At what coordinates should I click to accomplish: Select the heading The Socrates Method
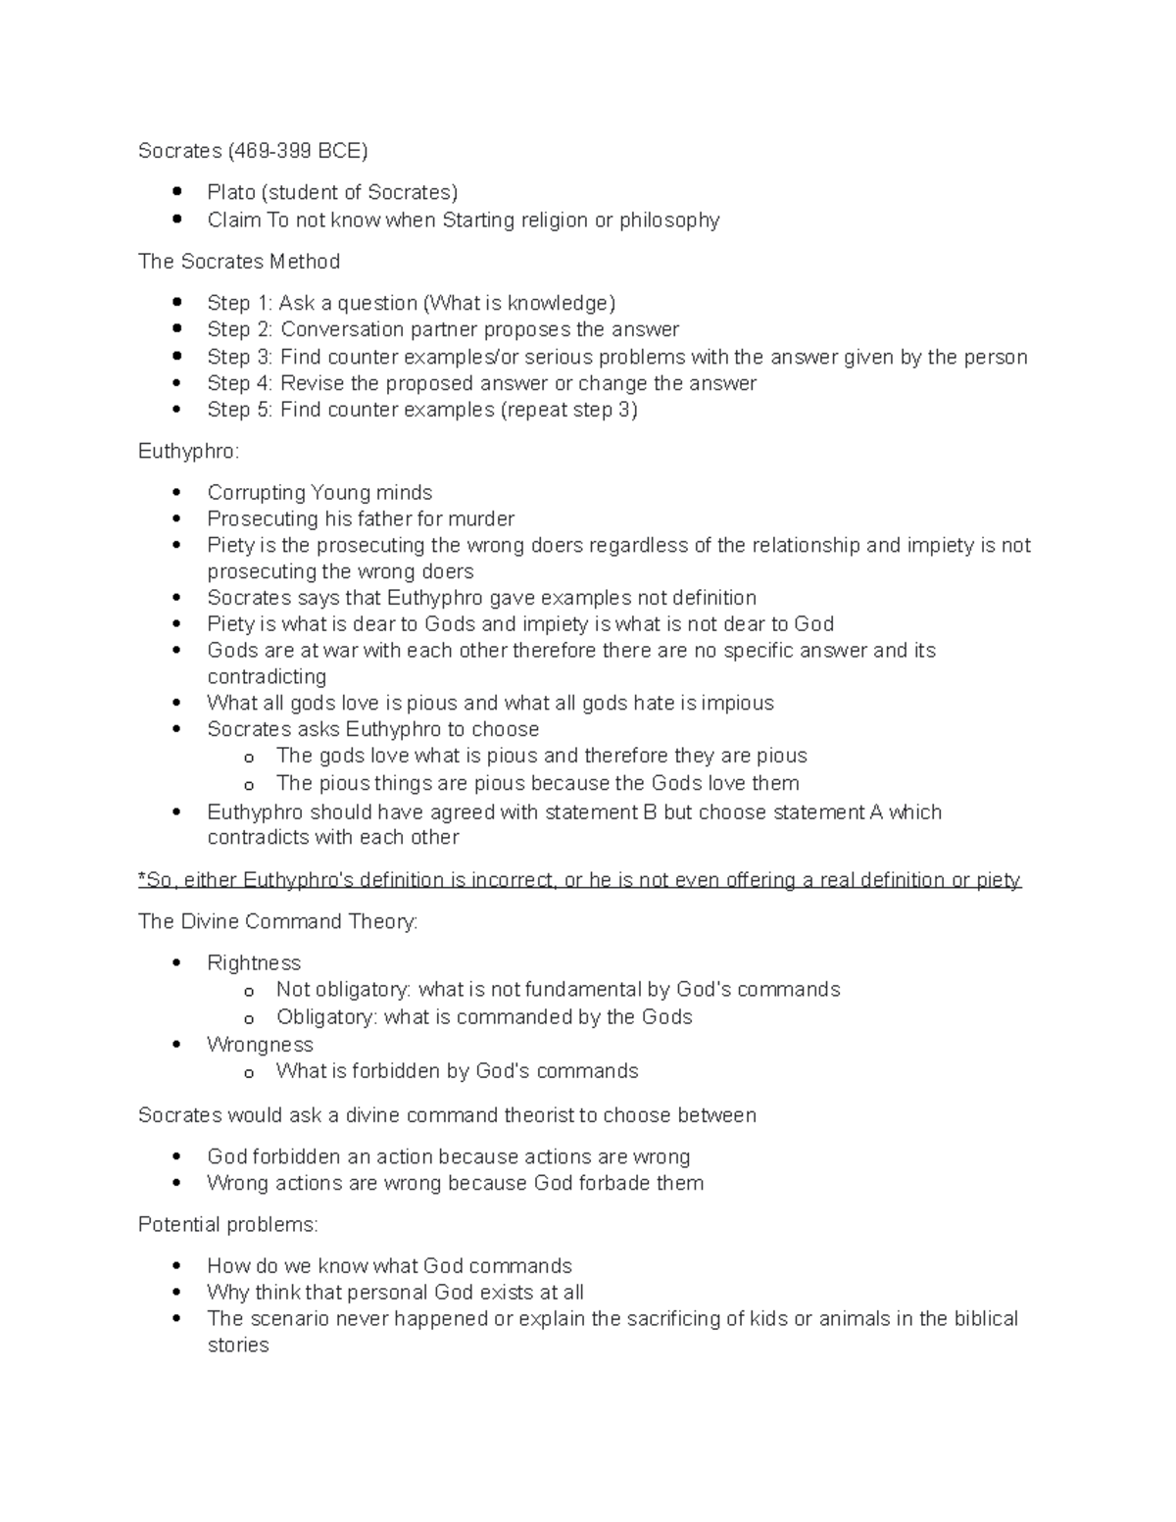click(239, 262)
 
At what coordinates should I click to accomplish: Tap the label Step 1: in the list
click(239, 303)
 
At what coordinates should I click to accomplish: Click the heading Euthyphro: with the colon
click(188, 452)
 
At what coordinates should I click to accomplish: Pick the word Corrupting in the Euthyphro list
click(256, 493)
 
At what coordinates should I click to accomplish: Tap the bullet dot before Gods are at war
click(176, 651)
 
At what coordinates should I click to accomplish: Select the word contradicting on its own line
click(267, 677)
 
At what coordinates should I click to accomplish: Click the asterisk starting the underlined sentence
click(142, 880)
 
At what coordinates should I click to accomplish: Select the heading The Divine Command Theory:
click(277, 922)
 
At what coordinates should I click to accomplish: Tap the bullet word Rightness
click(254, 963)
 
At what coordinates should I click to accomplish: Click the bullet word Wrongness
click(260, 1045)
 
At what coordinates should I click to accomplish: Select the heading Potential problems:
click(227, 1225)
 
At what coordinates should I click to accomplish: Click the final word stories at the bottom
click(238, 1346)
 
